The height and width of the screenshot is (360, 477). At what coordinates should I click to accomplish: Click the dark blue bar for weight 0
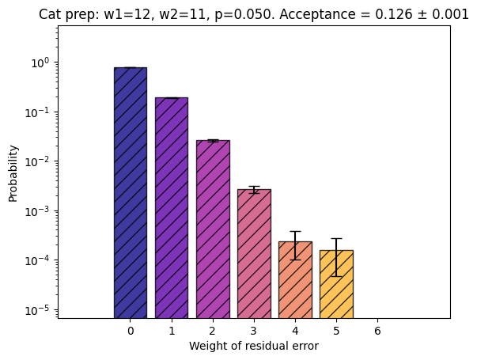(131, 193)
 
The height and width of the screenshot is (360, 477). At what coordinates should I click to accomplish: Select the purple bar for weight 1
(172, 208)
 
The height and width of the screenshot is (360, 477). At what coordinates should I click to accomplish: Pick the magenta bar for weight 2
(213, 229)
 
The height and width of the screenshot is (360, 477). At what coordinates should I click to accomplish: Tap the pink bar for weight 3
(254, 254)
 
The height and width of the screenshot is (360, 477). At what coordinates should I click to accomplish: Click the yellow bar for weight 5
(336, 284)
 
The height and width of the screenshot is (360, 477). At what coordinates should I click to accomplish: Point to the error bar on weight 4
(295, 245)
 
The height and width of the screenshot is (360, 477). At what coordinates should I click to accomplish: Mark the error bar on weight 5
(336, 257)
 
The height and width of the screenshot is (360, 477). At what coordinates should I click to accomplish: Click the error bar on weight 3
(254, 190)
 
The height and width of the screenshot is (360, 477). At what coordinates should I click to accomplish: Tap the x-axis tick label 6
(377, 331)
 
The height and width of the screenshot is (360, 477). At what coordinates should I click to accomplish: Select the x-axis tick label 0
(131, 331)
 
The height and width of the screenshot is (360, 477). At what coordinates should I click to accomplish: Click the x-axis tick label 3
(254, 331)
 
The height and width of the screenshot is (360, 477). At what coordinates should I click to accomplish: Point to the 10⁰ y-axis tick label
(40, 63)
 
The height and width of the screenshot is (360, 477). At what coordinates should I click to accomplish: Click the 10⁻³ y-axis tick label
(37, 211)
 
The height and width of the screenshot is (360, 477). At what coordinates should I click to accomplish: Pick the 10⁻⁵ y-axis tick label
(37, 310)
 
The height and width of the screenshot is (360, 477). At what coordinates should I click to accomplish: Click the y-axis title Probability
(13, 173)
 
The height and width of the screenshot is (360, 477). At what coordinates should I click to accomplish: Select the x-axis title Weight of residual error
(254, 346)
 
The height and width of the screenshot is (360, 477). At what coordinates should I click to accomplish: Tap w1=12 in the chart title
(127, 14)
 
